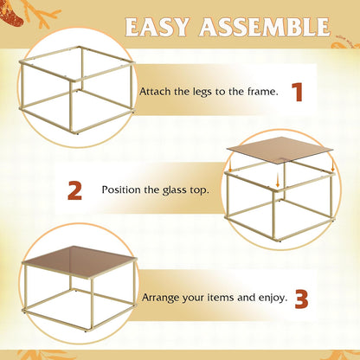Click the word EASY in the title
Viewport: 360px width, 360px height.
click(157, 27)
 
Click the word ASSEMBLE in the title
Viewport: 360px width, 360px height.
click(265, 27)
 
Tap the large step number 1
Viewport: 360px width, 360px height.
click(298, 93)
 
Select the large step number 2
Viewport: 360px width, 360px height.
click(74, 190)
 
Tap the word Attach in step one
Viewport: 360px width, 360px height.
click(156, 92)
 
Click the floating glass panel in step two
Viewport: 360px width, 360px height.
click(280, 149)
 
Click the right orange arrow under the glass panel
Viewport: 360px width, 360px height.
click(332, 166)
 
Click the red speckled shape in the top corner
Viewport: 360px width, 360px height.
click(11, 14)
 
